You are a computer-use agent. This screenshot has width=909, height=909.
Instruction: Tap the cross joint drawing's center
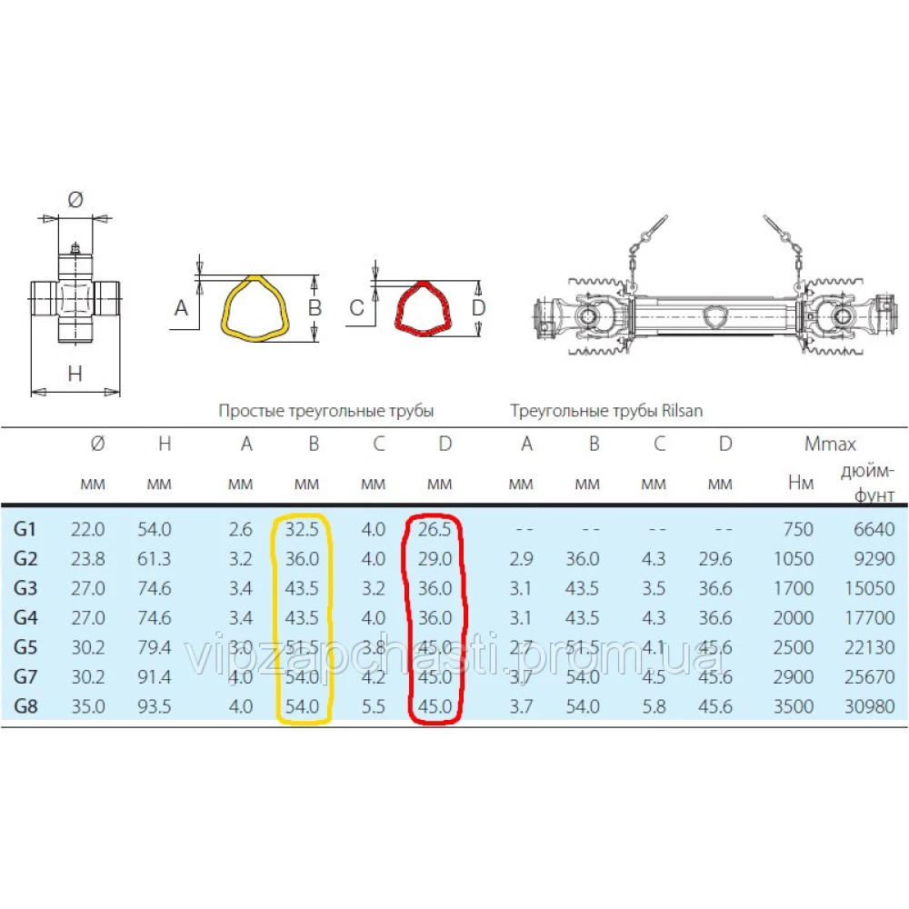[75, 298]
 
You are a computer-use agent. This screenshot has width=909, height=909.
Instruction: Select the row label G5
[25, 647]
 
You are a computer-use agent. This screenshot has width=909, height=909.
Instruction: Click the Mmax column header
[830, 445]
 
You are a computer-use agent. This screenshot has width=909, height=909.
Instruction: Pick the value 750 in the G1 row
[798, 529]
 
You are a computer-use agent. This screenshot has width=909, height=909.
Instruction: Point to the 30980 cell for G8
[870, 706]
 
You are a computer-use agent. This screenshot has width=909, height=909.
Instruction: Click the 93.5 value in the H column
[155, 706]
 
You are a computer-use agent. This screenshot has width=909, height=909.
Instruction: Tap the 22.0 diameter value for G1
[88, 529]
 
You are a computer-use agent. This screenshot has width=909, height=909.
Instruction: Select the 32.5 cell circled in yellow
[302, 529]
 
